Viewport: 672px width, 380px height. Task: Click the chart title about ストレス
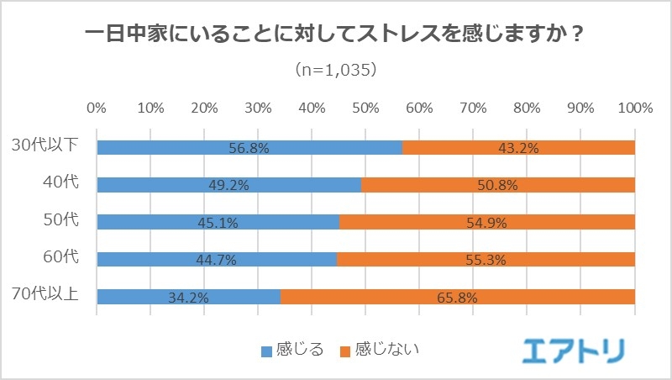pos(336,36)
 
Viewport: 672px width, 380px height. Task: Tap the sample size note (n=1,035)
pos(336,70)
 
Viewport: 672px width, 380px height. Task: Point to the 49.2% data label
pos(228,185)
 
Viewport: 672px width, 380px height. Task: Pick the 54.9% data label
pos(487,222)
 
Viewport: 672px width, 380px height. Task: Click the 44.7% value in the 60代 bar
pos(217,260)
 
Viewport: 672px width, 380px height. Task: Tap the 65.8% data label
pos(458,297)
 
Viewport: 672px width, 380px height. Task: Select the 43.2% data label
pos(518,148)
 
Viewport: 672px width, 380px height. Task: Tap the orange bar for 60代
pos(486,260)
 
